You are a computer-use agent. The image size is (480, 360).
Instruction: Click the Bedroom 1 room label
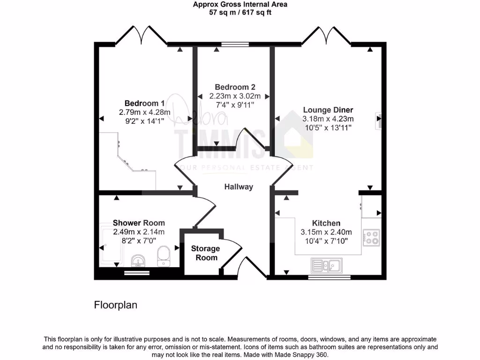144,103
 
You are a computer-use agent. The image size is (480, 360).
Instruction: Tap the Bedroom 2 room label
235,87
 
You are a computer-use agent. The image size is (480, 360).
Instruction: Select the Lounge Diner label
328,110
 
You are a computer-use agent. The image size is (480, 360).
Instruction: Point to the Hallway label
238,187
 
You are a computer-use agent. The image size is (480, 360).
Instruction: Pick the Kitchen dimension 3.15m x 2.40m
326,232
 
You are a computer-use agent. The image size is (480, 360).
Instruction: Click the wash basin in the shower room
138,260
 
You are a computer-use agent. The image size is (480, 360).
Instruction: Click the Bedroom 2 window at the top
235,45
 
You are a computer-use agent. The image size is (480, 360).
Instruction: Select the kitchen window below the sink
329,277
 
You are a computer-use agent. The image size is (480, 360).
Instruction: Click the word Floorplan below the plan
116,305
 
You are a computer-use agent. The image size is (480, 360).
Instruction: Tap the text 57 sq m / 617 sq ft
240,12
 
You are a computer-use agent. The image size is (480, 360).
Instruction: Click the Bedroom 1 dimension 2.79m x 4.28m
144,112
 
